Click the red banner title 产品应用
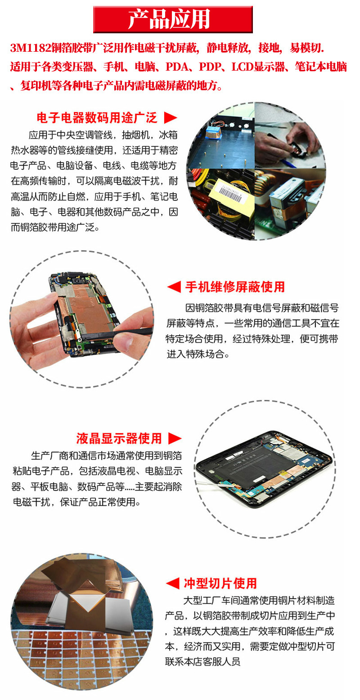tap(173, 19)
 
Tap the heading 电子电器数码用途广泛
tap(97, 118)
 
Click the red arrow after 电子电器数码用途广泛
tap(171, 118)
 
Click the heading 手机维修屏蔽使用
tap(235, 287)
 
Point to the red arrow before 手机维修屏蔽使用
tap(174, 287)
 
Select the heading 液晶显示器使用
tap(119, 438)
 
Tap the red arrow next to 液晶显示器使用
tap(175, 438)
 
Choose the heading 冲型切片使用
tap(220, 583)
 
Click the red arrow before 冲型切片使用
tap(172, 583)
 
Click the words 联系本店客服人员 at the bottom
tap(202, 661)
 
